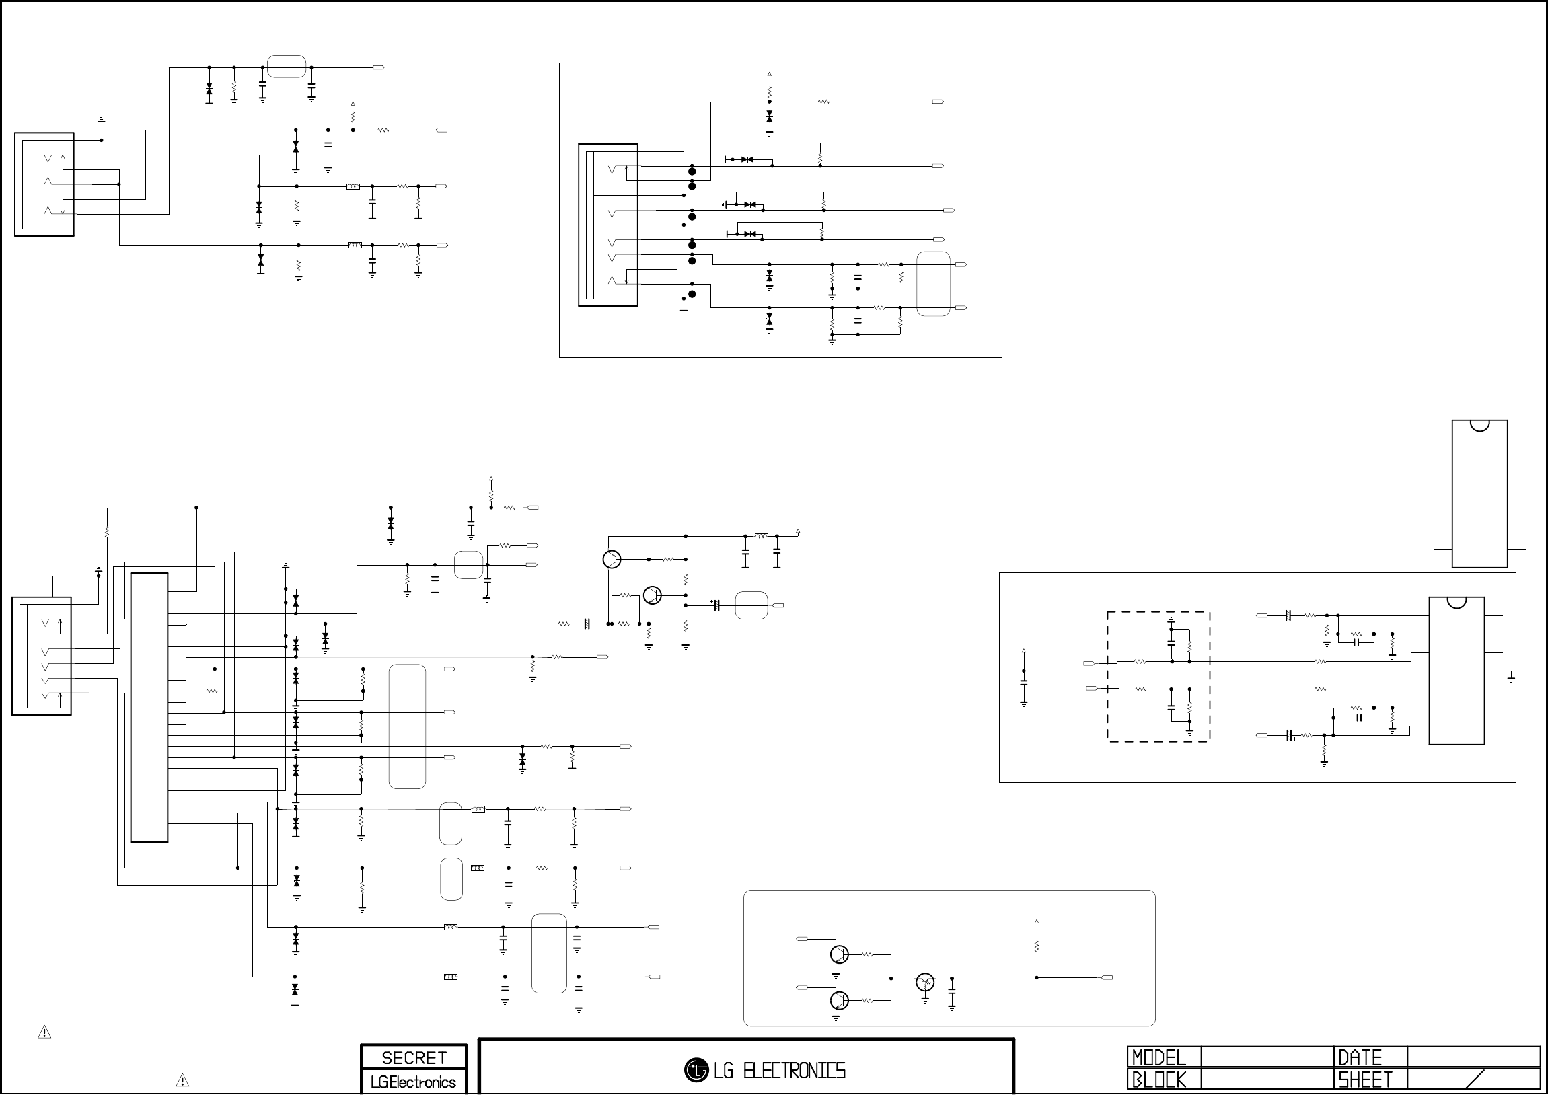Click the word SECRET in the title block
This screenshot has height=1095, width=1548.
[x=414, y=1058]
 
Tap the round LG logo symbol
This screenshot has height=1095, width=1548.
[x=696, y=1070]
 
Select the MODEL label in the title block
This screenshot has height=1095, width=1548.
[x=1158, y=1057]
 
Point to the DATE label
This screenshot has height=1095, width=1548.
[x=1360, y=1057]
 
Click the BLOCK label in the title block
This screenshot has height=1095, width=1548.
[x=1158, y=1080]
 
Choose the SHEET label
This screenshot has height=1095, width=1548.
[x=1365, y=1080]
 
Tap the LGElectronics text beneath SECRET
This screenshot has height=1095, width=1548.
[x=413, y=1082]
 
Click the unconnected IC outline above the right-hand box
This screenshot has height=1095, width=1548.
[x=1479, y=494]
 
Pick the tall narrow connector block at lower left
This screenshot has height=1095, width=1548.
[x=149, y=708]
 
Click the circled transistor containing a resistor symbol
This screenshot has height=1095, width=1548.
[x=925, y=983]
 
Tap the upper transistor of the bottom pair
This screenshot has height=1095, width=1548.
[x=839, y=954]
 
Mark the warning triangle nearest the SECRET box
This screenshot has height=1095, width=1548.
[x=182, y=1080]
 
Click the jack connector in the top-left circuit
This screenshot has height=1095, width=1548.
[x=44, y=184]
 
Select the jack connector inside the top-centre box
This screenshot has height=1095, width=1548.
[x=607, y=225]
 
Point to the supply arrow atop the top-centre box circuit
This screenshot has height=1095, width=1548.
[x=769, y=75]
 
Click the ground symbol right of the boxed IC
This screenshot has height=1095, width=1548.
[x=1511, y=677]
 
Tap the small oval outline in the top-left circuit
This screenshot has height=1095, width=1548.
[x=287, y=67]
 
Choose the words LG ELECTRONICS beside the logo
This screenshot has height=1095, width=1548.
[x=780, y=1071]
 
